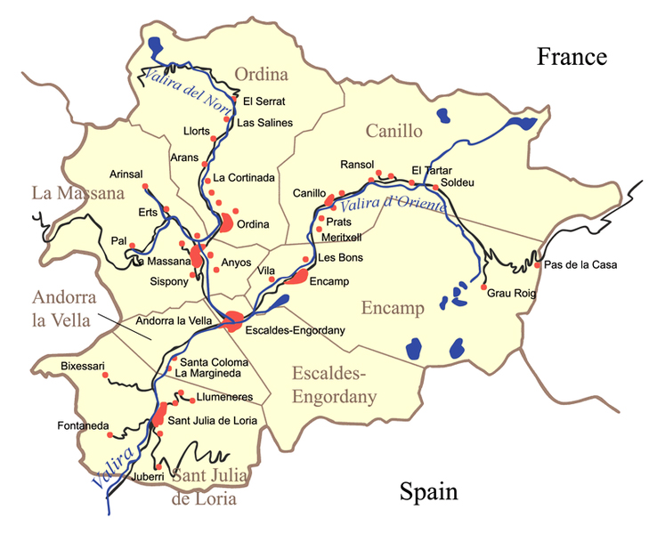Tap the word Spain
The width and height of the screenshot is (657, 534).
(428, 491)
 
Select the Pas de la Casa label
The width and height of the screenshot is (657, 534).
(580, 264)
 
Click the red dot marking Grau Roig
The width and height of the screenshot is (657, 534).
(483, 287)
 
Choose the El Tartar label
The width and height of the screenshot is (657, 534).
(432, 170)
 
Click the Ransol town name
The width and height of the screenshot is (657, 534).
(359, 165)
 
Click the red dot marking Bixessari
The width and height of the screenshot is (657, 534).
(105, 376)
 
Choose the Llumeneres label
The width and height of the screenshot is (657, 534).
(215, 397)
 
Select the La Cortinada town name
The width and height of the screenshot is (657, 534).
(244, 177)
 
